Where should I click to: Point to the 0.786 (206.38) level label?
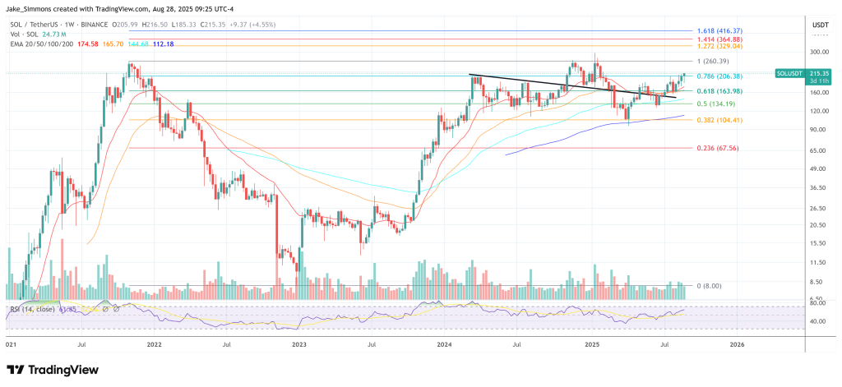(719, 76)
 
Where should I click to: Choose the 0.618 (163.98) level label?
(719, 90)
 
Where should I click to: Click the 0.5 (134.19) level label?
(714, 104)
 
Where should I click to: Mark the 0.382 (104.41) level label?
(719, 120)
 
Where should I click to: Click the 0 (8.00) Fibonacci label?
(710, 285)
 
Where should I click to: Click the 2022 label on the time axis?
(155, 346)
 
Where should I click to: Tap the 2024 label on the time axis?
(445, 346)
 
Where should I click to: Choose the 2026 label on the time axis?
(737, 346)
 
